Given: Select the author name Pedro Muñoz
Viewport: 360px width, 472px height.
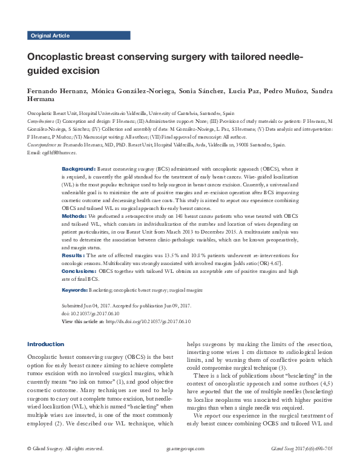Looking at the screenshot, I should pos(283,91).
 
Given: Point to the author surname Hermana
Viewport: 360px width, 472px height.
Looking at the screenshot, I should pos(42,100).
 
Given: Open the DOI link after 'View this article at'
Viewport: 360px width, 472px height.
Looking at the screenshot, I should pos(148,321).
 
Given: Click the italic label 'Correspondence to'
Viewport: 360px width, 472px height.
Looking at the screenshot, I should pos(47,145).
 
